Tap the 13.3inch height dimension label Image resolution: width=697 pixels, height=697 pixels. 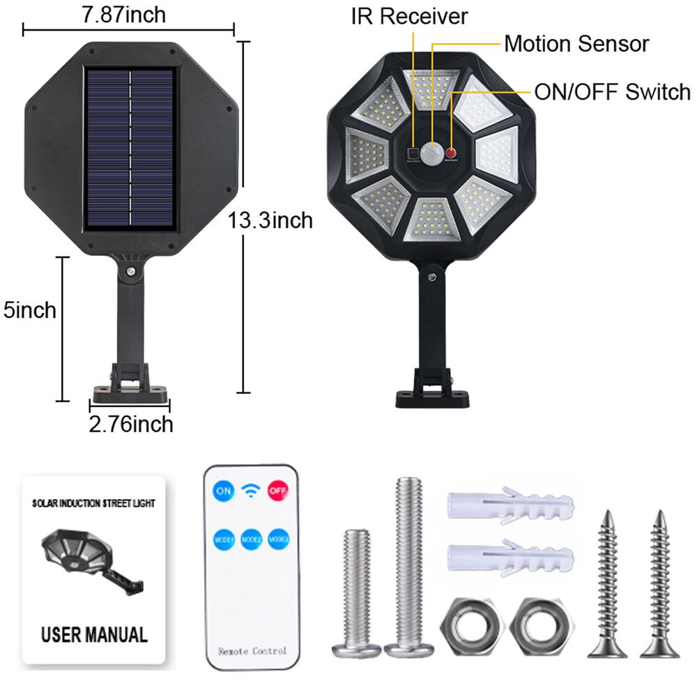coord(270,221)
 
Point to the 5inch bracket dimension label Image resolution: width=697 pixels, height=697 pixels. coord(29,309)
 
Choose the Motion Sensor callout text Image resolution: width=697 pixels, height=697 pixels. coord(576,44)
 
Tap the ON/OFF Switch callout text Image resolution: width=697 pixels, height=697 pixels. coord(612,91)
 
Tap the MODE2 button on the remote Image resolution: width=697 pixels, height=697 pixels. coord(251,539)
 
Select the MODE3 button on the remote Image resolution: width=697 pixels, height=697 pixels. coord(278,539)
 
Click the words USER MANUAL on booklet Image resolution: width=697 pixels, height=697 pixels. coord(94,634)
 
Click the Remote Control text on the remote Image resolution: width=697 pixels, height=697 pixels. coord(252,650)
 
